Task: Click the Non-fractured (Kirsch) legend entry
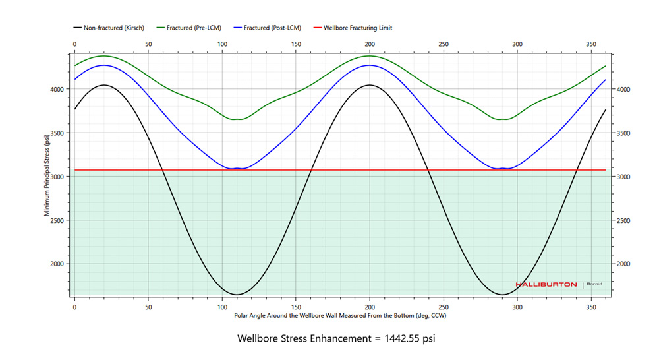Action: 112,28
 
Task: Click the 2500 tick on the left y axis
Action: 61,220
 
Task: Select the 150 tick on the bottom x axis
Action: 297,307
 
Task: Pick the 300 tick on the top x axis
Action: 518,44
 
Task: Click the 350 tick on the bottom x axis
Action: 592,307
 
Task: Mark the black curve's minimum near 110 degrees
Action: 237,294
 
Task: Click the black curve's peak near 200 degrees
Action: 370,85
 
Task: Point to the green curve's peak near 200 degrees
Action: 370,56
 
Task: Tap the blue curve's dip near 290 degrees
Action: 503,169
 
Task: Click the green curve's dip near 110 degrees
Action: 237,119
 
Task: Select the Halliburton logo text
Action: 546,285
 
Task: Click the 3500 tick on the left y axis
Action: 61,133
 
